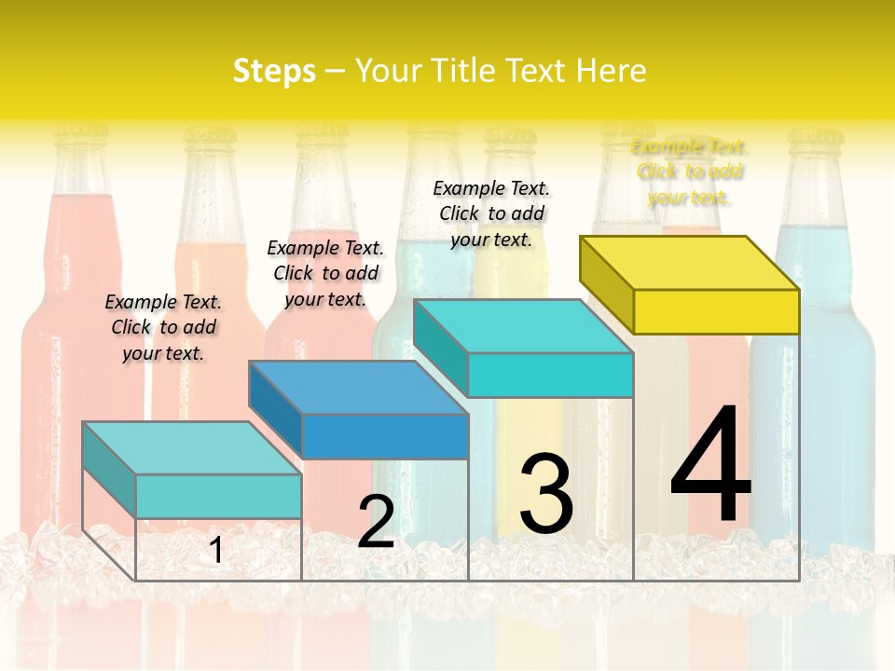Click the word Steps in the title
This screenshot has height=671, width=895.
[x=274, y=71]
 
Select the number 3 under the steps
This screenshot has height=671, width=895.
[x=546, y=494]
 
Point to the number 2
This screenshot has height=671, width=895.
[x=376, y=522]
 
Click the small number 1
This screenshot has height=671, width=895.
[x=215, y=551]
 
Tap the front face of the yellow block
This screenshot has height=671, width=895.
[x=716, y=311]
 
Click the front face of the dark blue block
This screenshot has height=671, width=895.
[x=385, y=436]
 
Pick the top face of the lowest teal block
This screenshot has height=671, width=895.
[x=192, y=448]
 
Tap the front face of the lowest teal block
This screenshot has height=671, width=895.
[x=218, y=496]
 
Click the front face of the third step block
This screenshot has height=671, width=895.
[x=550, y=375]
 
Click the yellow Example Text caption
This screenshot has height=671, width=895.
[x=689, y=171]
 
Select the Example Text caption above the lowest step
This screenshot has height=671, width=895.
[x=163, y=327]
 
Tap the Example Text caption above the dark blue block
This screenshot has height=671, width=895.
[x=325, y=273]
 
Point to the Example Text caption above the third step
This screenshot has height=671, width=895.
[x=491, y=213]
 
